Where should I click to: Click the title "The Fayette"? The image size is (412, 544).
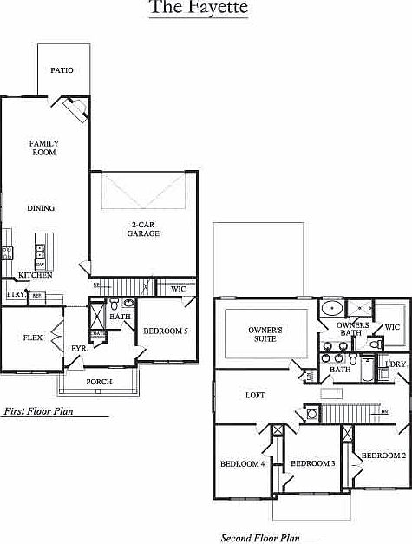(199, 9)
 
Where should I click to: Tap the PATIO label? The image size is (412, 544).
(61, 70)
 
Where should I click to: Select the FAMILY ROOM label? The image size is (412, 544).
(43, 147)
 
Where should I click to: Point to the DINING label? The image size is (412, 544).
(41, 208)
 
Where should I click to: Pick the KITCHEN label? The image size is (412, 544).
(36, 275)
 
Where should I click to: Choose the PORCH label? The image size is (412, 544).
(99, 382)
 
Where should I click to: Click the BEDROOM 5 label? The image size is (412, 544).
(165, 331)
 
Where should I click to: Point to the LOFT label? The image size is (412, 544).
(255, 396)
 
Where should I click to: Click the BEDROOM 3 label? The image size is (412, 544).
(312, 463)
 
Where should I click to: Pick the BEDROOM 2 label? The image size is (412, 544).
(383, 456)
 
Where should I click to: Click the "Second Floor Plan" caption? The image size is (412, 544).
(259, 538)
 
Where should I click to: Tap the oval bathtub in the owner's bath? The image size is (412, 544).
(331, 308)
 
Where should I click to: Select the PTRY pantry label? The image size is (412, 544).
(16, 295)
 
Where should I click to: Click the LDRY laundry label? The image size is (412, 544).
(396, 364)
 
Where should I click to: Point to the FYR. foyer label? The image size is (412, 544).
(79, 348)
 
